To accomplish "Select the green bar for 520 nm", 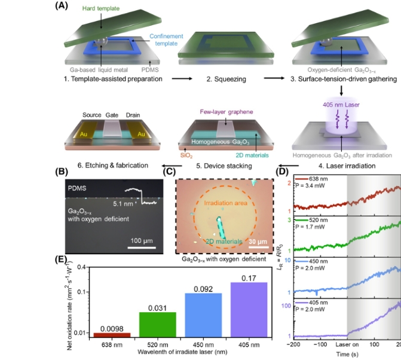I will coord(158,325).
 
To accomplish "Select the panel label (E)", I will coord(61,261).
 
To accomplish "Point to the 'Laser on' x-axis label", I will coord(347,345).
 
